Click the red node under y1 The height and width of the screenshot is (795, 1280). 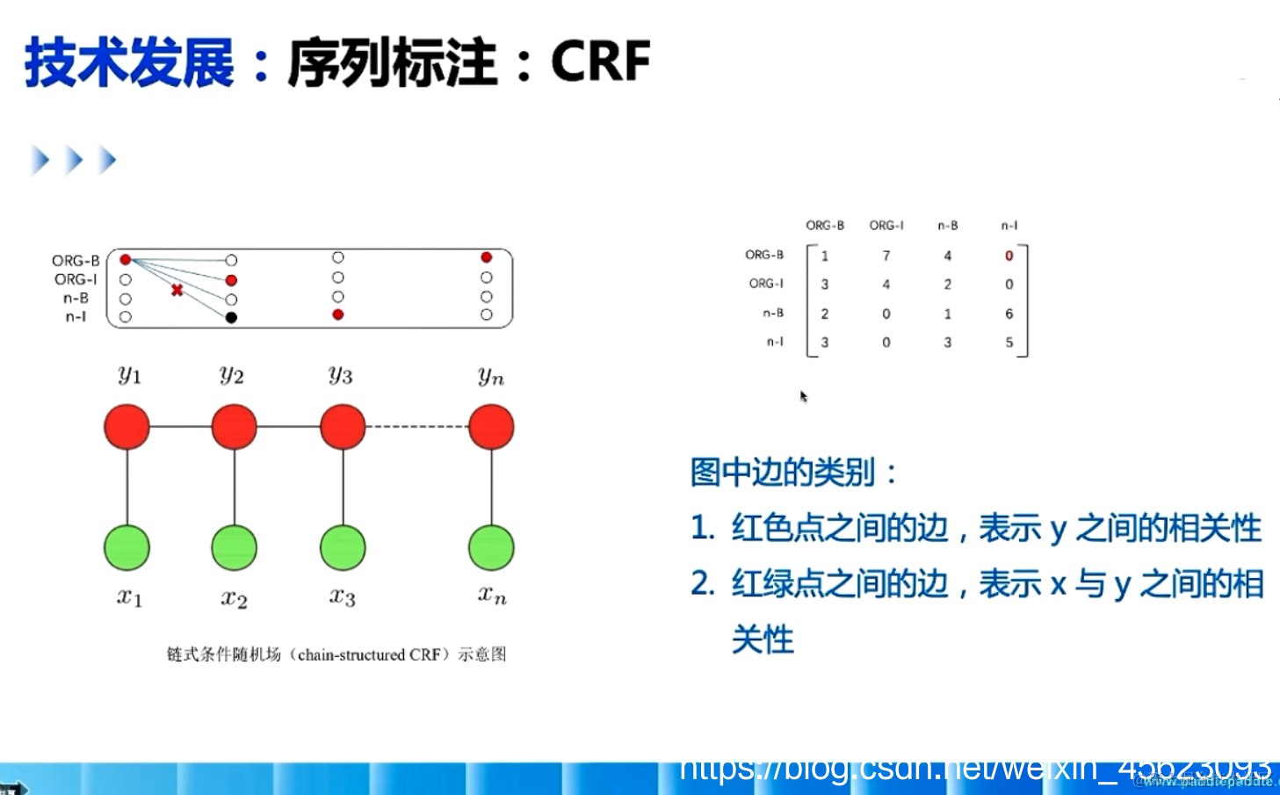(x=127, y=427)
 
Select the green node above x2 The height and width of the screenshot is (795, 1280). (x=234, y=547)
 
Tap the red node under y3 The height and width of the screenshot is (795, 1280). (x=343, y=427)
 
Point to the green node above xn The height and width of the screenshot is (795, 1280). (x=491, y=547)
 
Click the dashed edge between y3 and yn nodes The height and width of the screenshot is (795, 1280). (x=416, y=427)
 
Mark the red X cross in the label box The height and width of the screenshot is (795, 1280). (x=177, y=290)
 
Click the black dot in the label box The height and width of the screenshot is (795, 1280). (x=231, y=317)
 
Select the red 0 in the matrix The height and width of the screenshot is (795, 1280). (x=1009, y=256)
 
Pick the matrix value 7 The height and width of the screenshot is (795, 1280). (x=886, y=256)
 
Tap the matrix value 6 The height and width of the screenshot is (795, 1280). (x=1009, y=314)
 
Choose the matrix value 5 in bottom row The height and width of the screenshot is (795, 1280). (x=1009, y=343)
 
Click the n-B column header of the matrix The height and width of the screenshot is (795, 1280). (x=947, y=226)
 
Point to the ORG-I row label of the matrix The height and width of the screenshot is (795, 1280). (x=765, y=284)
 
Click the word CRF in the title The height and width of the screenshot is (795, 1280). (x=600, y=62)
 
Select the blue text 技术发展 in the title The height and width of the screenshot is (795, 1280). (x=130, y=62)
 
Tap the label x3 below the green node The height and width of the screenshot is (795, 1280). (x=343, y=596)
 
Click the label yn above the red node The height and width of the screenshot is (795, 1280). (x=491, y=376)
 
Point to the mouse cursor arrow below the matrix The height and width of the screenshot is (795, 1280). (x=803, y=396)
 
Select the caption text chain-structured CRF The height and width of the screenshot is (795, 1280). (x=369, y=654)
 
